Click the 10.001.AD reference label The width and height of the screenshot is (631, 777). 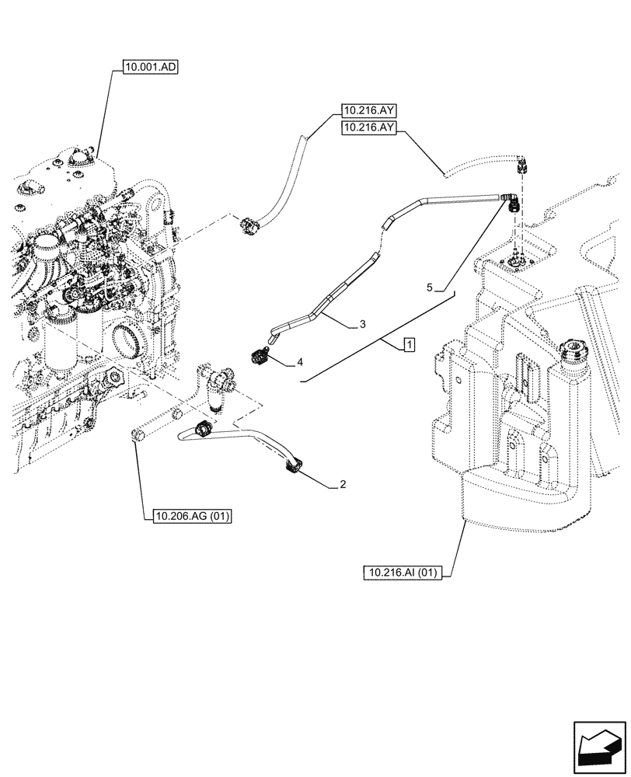151,68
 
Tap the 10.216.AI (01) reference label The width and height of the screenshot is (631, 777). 401,573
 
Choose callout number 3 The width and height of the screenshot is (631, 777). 363,326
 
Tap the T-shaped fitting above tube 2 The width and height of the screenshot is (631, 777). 220,382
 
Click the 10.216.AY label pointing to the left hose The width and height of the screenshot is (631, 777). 368,111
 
